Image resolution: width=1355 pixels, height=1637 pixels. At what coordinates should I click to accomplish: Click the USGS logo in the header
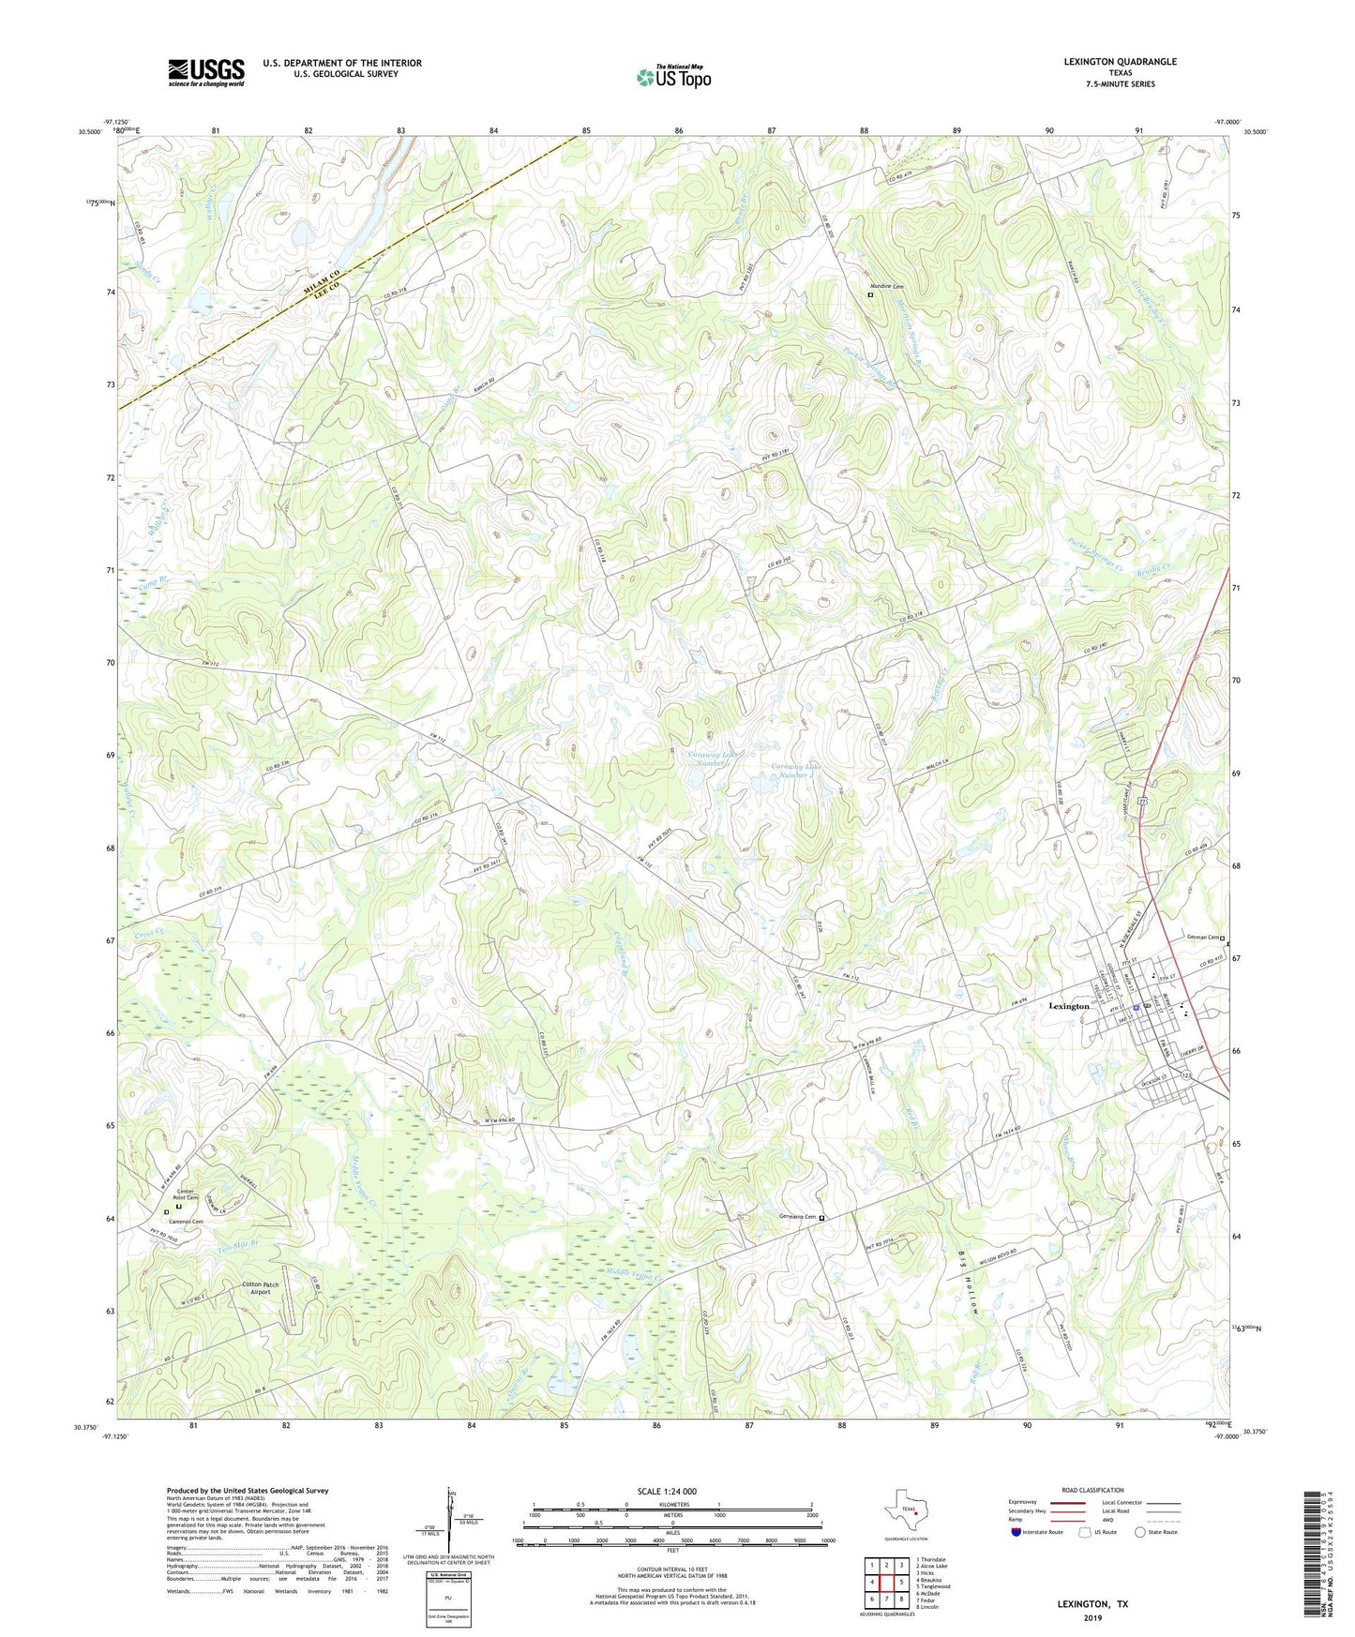click(205, 71)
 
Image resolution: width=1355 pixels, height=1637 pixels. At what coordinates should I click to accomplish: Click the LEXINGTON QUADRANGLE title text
click(1120, 62)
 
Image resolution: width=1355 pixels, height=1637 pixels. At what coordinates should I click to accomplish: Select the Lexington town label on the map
click(1068, 1006)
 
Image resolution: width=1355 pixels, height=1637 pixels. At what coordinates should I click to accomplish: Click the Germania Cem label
click(797, 1217)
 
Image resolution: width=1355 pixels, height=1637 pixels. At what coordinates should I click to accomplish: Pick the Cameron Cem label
click(185, 1221)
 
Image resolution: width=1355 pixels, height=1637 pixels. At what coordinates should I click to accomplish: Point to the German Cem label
click(1203, 938)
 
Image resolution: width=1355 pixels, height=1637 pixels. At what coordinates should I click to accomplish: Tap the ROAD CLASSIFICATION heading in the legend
click(1092, 1490)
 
